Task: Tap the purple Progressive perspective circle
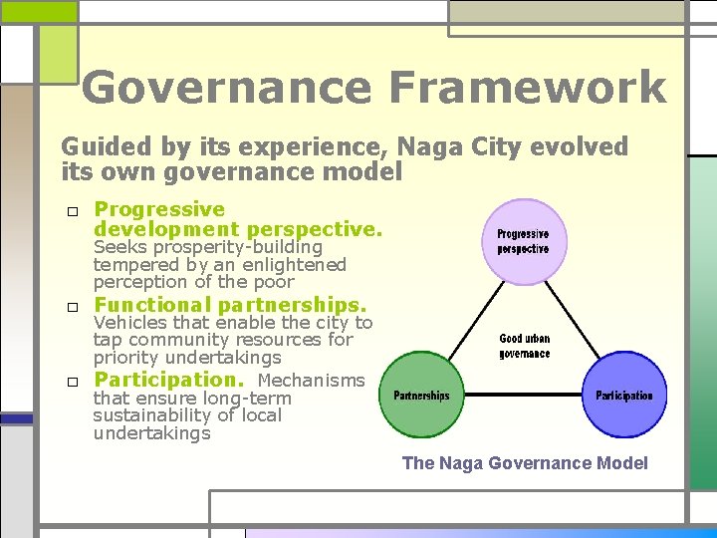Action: (x=523, y=242)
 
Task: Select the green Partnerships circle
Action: (x=421, y=397)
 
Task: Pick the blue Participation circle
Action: (x=624, y=397)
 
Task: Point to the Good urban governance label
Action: (x=524, y=346)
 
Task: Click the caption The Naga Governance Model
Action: (x=524, y=463)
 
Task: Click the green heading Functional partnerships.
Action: (x=230, y=305)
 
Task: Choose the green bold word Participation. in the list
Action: (x=169, y=380)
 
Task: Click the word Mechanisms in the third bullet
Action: (x=311, y=381)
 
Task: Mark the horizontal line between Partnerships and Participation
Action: (x=523, y=397)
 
